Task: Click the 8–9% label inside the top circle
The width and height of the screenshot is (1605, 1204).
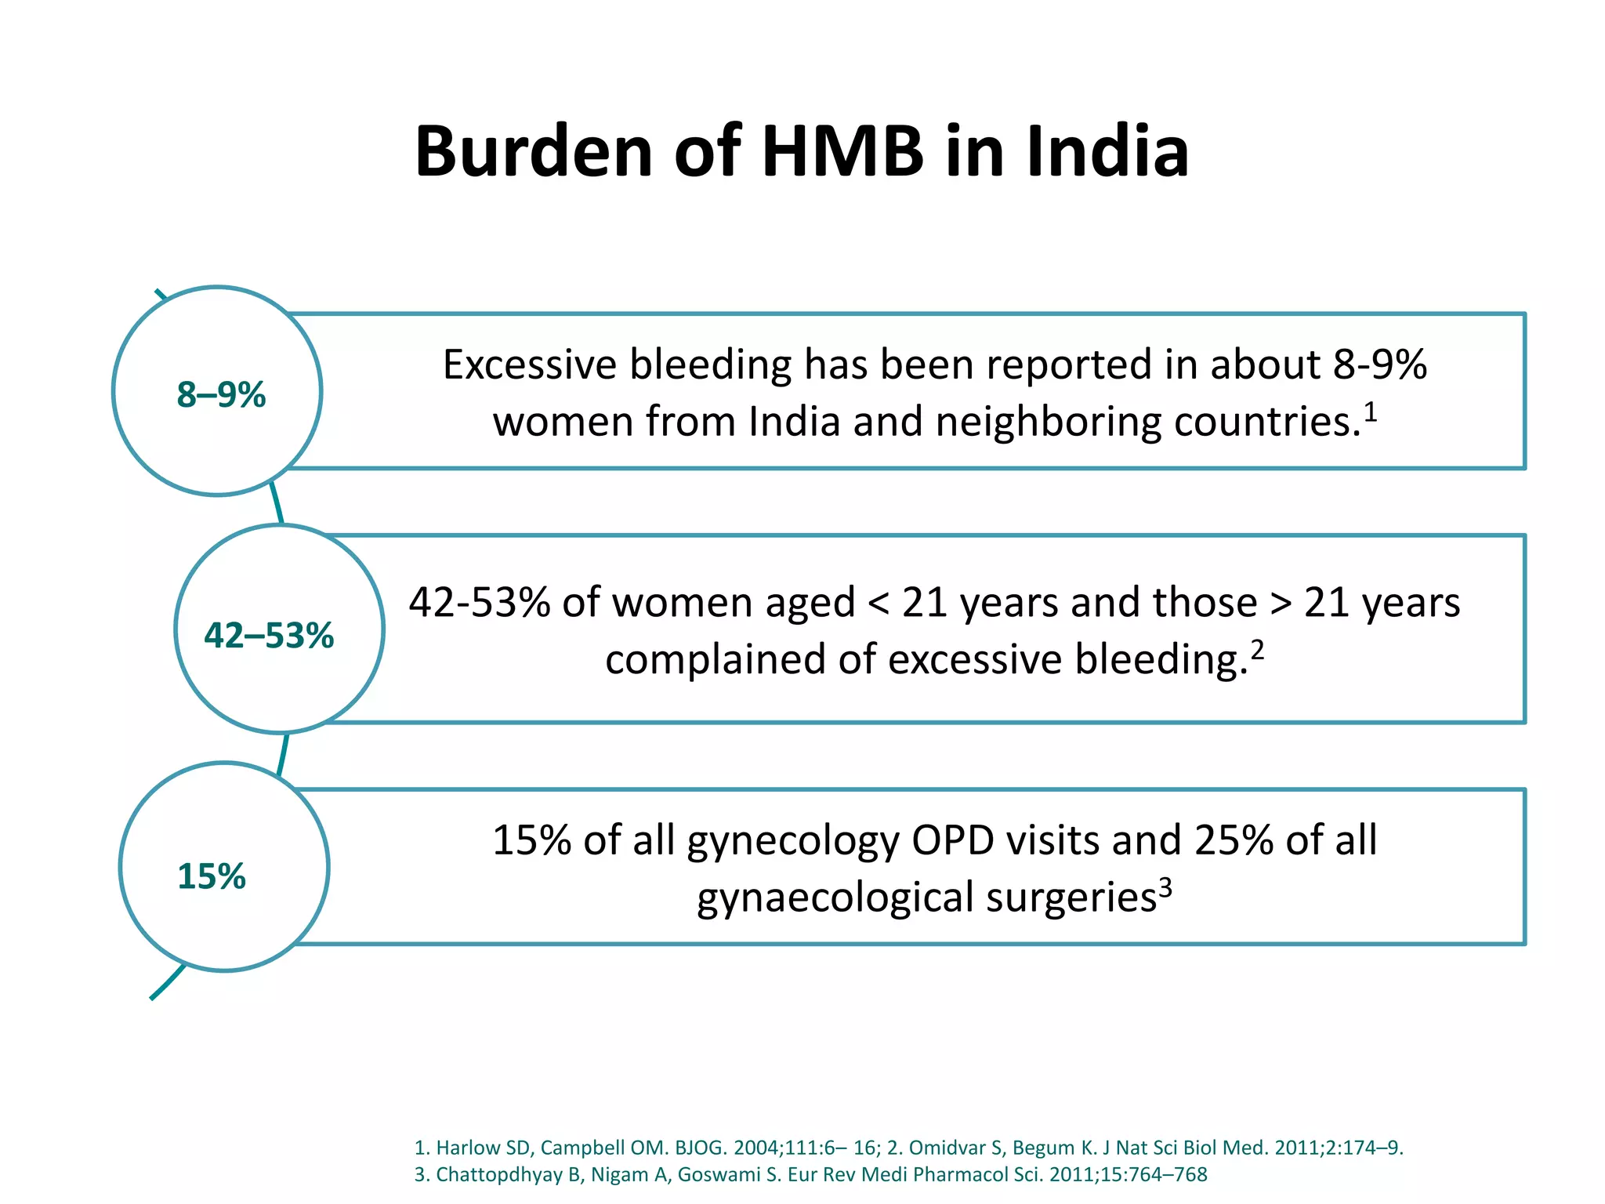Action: click(x=221, y=395)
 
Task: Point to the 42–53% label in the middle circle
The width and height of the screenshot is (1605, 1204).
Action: click(x=269, y=636)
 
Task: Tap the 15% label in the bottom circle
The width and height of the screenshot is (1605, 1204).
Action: click(x=212, y=876)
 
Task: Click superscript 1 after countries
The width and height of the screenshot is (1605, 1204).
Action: click(x=1370, y=411)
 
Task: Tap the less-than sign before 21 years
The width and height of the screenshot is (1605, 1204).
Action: click(x=879, y=604)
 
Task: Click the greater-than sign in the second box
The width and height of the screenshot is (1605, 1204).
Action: click(x=1281, y=604)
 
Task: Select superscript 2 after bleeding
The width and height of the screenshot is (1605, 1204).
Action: click(x=1257, y=650)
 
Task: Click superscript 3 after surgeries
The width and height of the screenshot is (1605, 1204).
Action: click(x=1165, y=887)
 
